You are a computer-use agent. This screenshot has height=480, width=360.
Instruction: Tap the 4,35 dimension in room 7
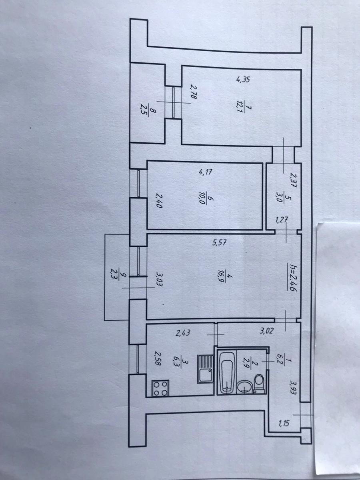click(x=243, y=79)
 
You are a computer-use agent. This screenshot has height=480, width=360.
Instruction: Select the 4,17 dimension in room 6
click(x=205, y=172)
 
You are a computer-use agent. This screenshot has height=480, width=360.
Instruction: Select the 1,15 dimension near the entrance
click(x=284, y=423)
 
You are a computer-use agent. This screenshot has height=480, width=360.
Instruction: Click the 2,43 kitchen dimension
click(x=183, y=333)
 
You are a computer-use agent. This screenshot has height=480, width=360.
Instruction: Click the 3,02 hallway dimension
click(x=266, y=331)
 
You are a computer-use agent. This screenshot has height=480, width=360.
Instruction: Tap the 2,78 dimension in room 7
click(x=194, y=92)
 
